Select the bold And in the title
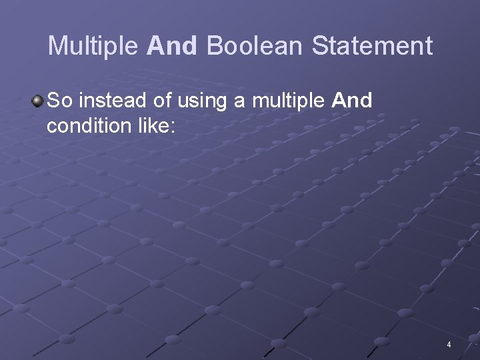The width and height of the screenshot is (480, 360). pos(172,46)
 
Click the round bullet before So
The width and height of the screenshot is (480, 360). pos(38,101)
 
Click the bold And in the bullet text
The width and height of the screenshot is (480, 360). pos(351,101)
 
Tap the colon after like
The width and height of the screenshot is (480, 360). pos(172,127)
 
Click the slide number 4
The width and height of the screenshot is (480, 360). pos(449,345)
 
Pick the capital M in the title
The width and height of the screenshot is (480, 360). pos(58,46)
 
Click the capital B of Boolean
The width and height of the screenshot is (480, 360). pos(215,46)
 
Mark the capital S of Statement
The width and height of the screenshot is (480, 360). pos(319,46)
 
